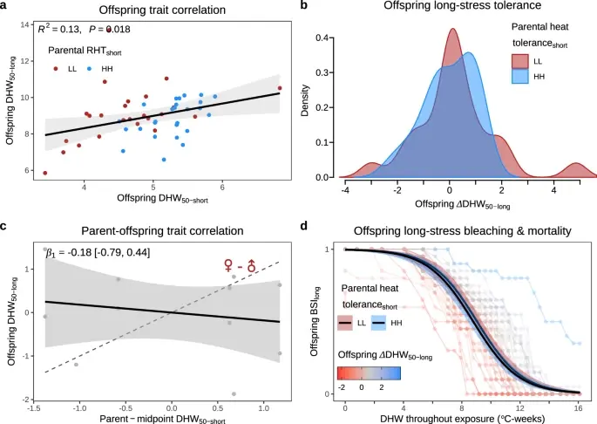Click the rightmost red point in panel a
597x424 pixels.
[280, 88]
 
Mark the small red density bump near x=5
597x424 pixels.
[575, 168]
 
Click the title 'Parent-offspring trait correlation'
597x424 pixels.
[155, 230]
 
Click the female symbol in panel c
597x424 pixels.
[230, 264]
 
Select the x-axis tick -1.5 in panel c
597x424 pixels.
[35, 407]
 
